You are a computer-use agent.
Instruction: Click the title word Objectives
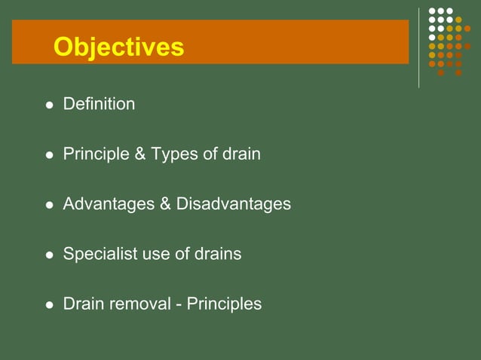(118, 47)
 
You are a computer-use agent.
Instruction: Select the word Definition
(99, 104)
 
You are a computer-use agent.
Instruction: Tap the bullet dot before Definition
(50, 105)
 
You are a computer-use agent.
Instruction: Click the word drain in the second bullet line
(241, 154)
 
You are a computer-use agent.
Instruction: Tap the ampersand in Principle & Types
(139, 154)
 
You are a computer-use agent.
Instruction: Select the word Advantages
(109, 204)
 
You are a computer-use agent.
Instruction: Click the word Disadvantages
(234, 204)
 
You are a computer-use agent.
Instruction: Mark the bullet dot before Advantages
(50, 206)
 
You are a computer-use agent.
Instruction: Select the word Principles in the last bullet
(224, 304)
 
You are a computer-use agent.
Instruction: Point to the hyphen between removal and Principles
(179, 305)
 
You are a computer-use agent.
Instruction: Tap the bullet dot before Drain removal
(50, 306)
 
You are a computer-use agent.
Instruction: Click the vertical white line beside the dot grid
(419, 47)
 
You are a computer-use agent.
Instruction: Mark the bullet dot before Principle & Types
(50, 156)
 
